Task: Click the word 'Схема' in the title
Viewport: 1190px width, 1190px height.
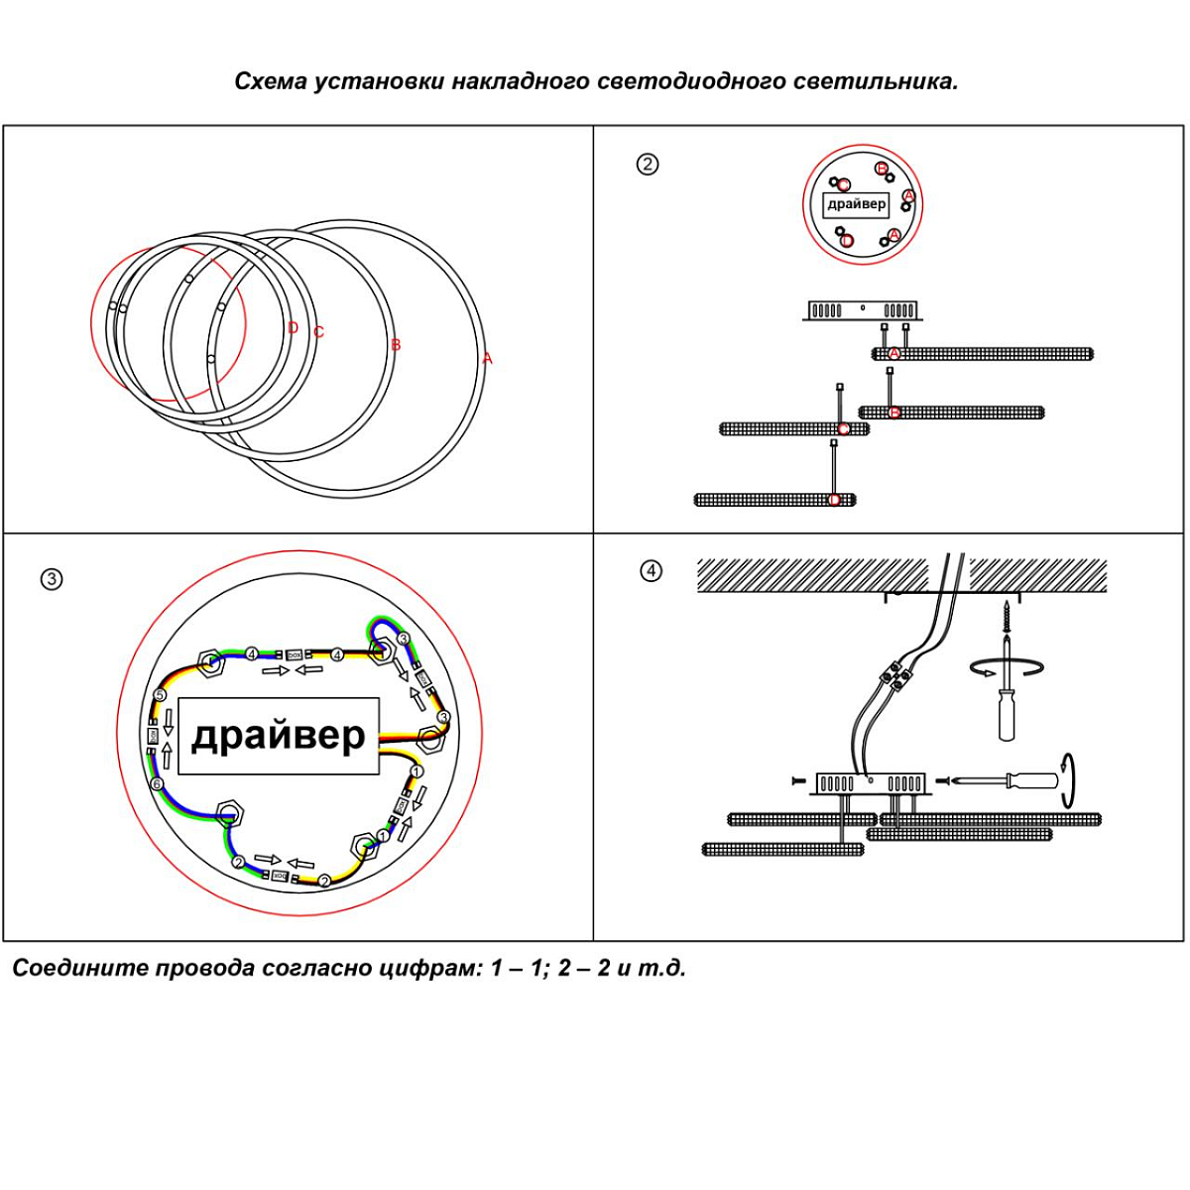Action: click(271, 81)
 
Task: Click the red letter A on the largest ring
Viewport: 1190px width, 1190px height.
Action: click(487, 359)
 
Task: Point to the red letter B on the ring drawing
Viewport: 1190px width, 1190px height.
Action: click(396, 345)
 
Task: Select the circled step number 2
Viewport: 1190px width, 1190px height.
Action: click(647, 165)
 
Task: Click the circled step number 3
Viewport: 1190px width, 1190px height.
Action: click(52, 579)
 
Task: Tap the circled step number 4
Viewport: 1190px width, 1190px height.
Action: click(651, 571)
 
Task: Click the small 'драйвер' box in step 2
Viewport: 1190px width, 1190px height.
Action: click(857, 204)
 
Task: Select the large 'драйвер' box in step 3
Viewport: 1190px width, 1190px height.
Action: click(279, 736)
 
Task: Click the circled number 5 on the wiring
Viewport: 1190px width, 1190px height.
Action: click(160, 696)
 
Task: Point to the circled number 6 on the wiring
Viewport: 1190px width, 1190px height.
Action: click(157, 784)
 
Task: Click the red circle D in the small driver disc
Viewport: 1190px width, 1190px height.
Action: click(847, 240)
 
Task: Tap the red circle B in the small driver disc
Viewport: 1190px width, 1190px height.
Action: click(882, 169)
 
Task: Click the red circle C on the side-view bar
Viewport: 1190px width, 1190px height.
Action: click(843, 429)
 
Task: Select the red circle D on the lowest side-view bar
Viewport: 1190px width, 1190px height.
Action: click(834, 500)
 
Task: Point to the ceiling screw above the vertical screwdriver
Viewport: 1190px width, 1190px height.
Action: click(1007, 616)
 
